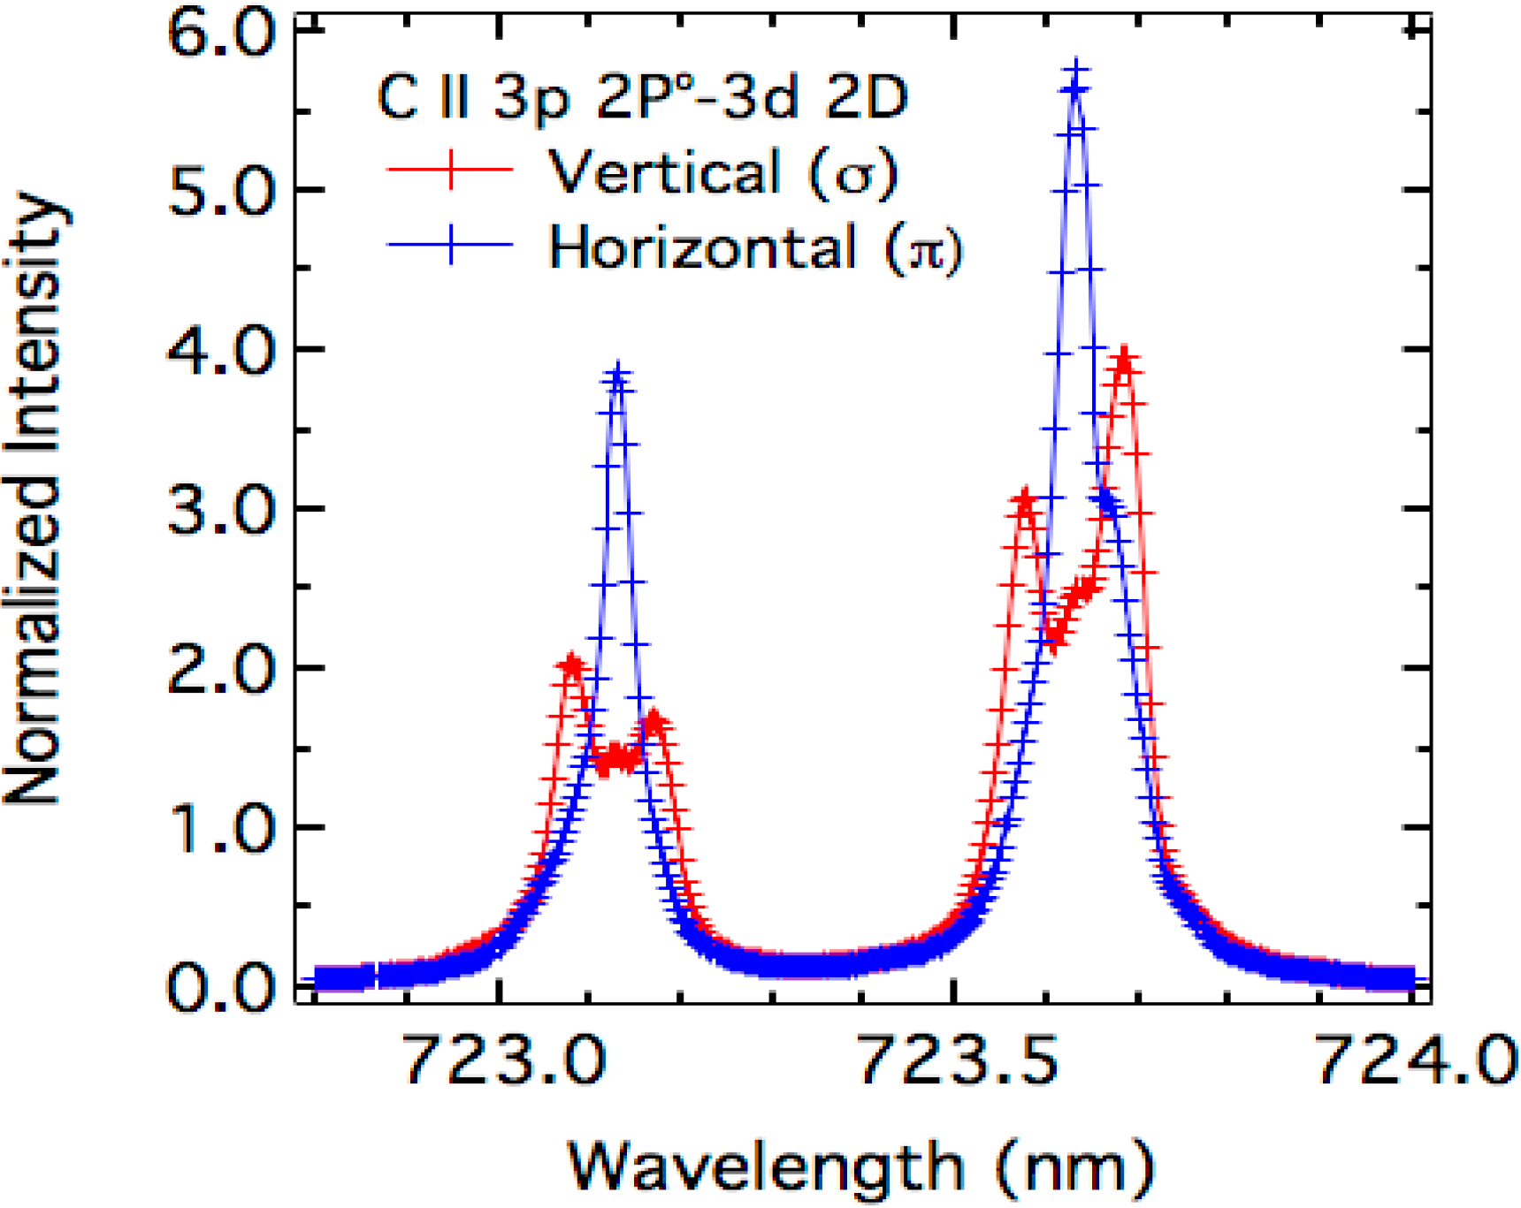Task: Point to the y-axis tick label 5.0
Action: tap(222, 192)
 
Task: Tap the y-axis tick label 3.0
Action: tap(222, 511)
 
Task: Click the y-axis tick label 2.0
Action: tap(222, 670)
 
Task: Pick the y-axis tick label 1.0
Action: tap(222, 829)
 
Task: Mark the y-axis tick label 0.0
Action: tap(222, 987)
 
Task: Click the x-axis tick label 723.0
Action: tap(504, 1059)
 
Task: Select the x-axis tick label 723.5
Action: tap(959, 1059)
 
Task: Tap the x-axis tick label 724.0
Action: tap(1415, 1059)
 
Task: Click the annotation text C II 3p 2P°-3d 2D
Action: tap(643, 96)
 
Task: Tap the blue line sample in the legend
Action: tap(451, 243)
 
